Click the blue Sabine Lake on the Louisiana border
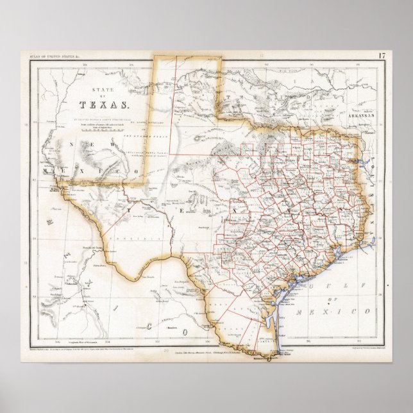click(x=366, y=248)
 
